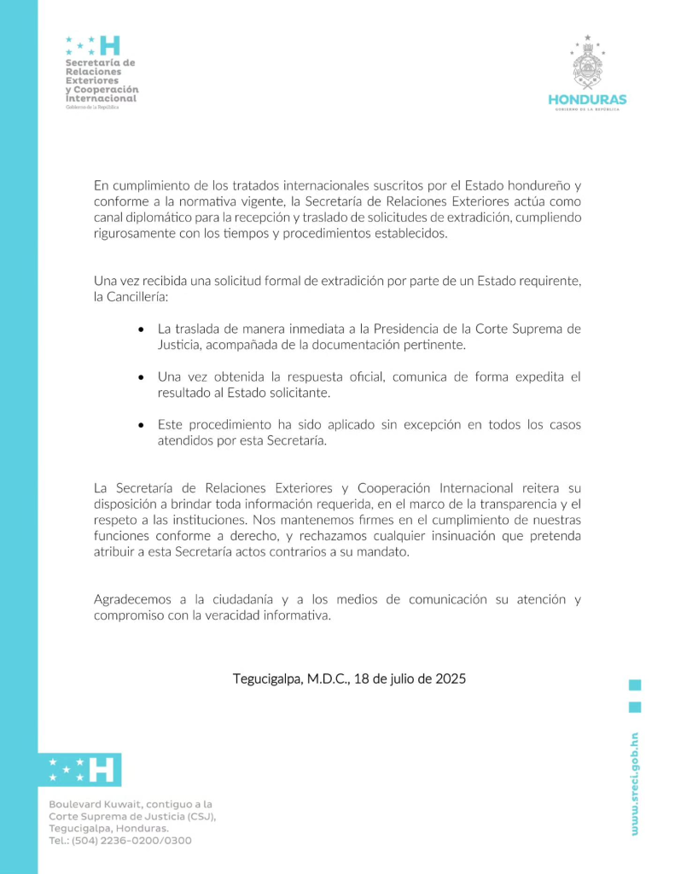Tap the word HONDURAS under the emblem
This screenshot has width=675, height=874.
click(x=587, y=100)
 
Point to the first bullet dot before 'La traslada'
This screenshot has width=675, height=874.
click(x=141, y=329)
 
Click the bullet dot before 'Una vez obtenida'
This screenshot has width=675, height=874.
click(x=141, y=376)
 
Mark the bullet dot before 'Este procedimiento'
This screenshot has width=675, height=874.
click(x=141, y=424)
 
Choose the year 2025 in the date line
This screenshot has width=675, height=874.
click(x=451, y=679)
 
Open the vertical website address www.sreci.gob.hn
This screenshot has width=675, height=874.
click(x=634, y=784)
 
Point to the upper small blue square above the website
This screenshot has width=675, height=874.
click(x=635, y=685)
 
